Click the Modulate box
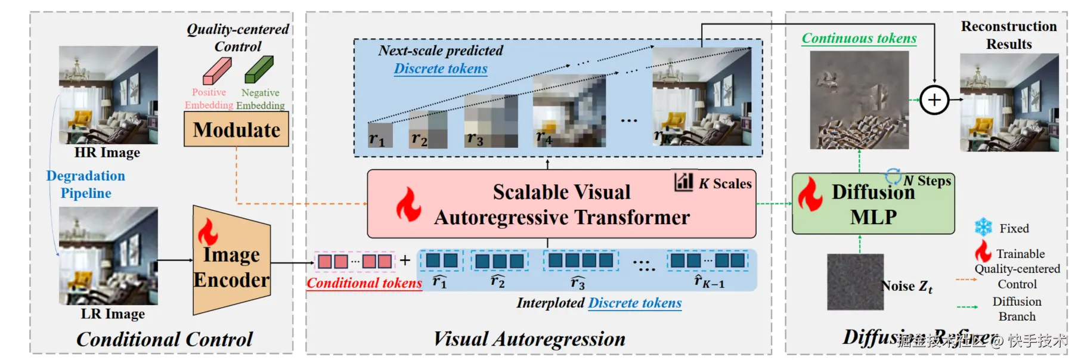click(236, 130)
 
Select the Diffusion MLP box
click(873, 204)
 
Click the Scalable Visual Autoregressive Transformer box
click(561, 204)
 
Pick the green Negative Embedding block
click(259, 70)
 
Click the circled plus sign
click(934, 100)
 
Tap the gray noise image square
click(855, 281)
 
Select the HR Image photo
click(109, 95)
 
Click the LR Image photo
click(109, 256)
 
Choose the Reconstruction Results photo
click(1009, 102)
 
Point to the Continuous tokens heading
click(859, 38)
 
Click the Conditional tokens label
click(364, 283)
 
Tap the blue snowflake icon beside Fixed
click(983, 227)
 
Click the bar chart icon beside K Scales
click(683, 181)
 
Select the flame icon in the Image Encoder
click(207, 232)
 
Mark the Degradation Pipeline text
click(86, 184)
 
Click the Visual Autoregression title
click(529, 339)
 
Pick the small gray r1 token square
click(380, 135)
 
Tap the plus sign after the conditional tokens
click(405, 260)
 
